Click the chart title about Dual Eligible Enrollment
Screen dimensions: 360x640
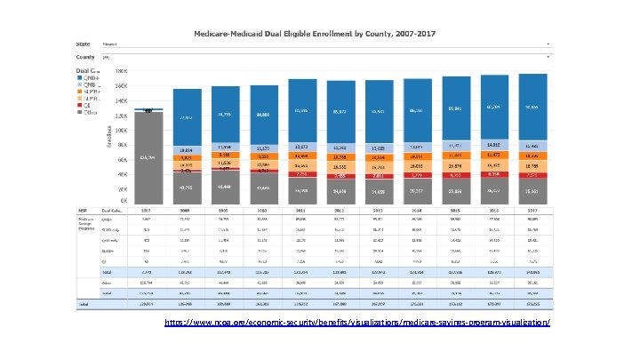[319, 34]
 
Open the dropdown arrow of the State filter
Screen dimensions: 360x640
[548, 44]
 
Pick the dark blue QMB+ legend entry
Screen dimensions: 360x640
[91, 76]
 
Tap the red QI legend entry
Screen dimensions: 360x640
[87, 106]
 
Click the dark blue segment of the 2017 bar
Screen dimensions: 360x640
[532, 107]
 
